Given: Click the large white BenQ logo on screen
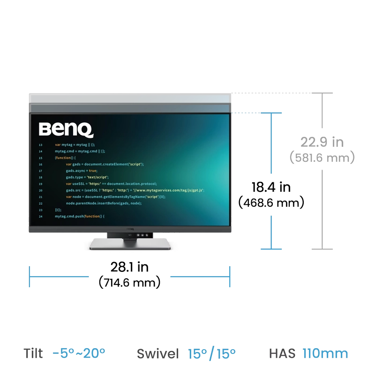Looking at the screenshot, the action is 66,130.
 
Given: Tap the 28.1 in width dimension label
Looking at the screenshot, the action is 129,267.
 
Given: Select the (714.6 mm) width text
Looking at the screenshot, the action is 129,283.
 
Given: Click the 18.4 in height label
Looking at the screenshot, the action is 271,187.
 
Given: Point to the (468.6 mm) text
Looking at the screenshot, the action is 271,202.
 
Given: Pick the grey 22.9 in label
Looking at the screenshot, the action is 322,142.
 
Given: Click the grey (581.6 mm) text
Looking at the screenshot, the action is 322,157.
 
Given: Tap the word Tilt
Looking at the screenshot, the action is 33,353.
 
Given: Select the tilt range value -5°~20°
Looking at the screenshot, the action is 79,353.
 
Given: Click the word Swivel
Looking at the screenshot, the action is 157,354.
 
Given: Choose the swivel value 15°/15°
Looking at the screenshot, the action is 212,354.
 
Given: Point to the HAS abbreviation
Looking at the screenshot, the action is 282,353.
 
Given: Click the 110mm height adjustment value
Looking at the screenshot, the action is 325,353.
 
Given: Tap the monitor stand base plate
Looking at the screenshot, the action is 130,244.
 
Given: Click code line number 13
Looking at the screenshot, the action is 40,145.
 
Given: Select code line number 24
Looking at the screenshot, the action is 40,217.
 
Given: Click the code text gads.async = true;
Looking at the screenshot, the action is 82,171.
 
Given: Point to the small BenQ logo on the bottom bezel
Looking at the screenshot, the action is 130,229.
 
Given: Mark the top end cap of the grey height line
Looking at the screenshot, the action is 322,93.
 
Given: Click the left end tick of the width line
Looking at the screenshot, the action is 30,277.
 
